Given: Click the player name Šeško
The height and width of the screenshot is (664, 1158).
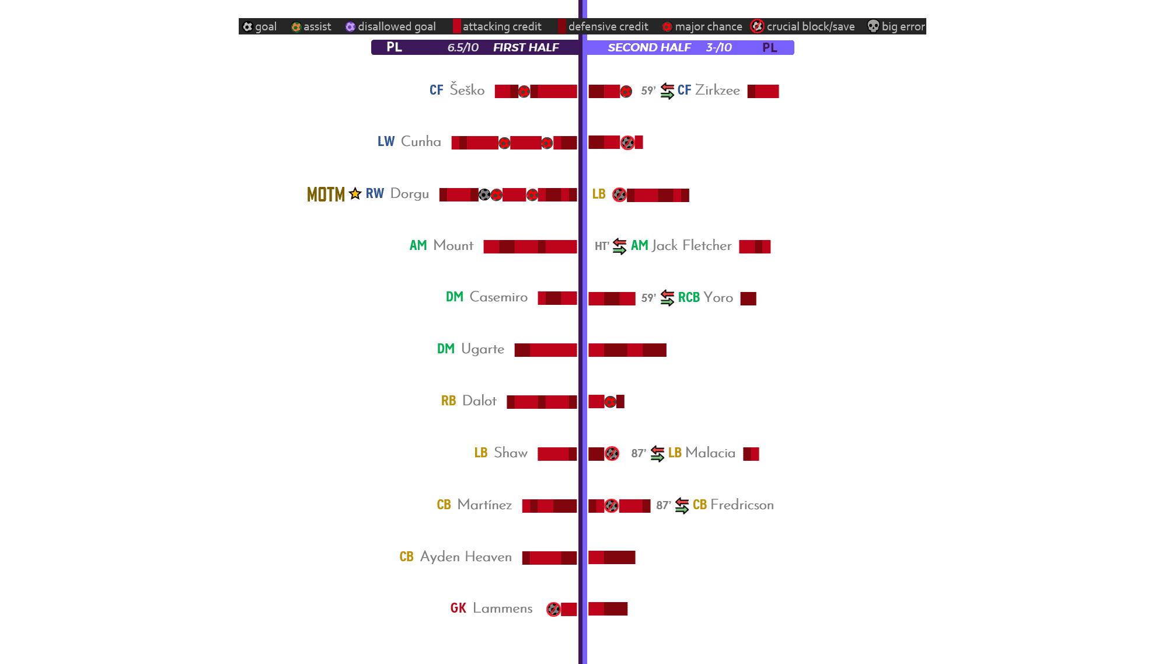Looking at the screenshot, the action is click(467, 90).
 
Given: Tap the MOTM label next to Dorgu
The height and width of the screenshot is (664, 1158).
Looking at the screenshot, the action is click(326, 194).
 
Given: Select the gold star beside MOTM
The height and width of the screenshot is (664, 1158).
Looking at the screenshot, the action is click(355, 193).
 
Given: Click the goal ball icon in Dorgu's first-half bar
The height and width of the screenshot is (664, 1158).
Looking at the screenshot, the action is click(484, 194).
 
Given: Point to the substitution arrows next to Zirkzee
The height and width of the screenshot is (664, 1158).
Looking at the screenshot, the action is click(667, 91).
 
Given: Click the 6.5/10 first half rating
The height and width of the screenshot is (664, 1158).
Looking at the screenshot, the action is click(463, 47).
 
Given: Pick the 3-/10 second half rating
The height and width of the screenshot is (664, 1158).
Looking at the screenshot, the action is click(718, 47).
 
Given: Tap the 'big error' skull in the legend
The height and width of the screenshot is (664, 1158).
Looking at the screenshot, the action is click(873, 26).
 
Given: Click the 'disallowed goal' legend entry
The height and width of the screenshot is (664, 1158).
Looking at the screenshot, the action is click(390, 26).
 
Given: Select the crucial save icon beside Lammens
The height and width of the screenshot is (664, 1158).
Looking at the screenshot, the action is click(553, 609).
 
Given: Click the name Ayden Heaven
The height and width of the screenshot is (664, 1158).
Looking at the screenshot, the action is click(466, 557).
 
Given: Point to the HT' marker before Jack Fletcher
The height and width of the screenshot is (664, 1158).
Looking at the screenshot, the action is click(602, 246).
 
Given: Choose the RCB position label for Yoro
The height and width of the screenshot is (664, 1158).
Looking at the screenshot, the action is click(689, 298).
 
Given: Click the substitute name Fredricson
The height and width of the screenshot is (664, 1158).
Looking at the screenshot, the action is click(742, 505).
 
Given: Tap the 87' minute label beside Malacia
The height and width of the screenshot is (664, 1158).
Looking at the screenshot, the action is click(639, 453).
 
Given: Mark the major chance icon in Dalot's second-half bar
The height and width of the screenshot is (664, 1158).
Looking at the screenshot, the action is click(610, 402).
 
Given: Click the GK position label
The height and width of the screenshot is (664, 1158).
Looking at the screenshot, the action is click(458, 609).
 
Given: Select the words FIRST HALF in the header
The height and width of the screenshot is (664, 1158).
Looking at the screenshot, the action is click(526, 47).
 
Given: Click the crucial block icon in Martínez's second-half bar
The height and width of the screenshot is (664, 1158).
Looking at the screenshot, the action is click(611, 506).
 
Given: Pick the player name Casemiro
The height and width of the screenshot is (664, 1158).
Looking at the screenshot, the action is click(498, 297).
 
